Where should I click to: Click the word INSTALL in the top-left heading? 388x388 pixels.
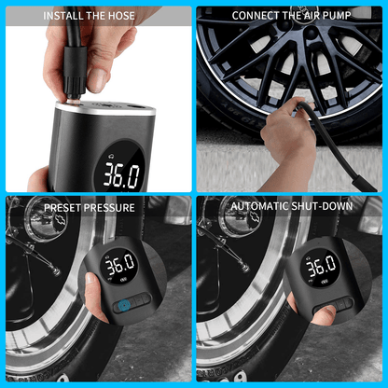(x=63, y=16)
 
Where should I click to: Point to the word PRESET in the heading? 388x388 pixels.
(x=62, y=207)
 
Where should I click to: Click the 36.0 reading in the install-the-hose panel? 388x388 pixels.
(x=121, y=173)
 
